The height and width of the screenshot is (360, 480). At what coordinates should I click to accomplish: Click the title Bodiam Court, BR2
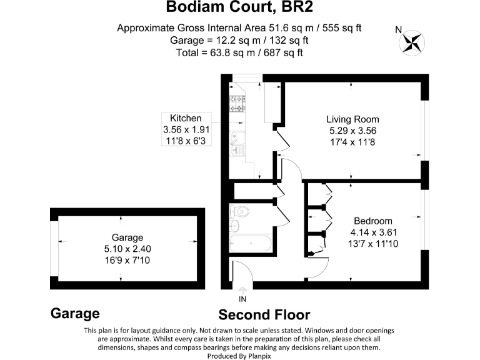240,8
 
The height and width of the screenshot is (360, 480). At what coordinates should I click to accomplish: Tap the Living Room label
352,119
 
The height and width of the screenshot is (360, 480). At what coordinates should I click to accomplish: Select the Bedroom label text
373,221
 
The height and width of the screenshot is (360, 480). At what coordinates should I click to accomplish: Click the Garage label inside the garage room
127,237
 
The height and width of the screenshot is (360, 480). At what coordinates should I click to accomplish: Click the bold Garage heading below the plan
75,313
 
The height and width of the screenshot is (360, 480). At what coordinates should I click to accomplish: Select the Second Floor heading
264,314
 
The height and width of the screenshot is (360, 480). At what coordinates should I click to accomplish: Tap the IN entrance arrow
242,294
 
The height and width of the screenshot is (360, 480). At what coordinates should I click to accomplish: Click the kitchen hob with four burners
238,103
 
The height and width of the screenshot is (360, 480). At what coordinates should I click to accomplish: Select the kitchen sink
238,143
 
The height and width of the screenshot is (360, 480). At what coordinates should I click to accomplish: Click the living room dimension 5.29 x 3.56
352,131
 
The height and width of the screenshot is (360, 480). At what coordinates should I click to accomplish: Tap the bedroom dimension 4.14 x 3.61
373,232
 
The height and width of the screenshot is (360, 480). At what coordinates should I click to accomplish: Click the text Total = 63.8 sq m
240,52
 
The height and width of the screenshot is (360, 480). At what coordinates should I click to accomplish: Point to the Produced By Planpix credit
240,355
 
